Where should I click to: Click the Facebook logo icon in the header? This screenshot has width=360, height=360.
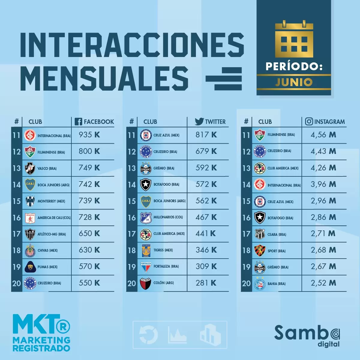[x=78, y=121]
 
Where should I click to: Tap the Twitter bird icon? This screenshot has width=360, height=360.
[x=199, y=121]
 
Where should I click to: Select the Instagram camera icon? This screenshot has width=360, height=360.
[x=309, y=121]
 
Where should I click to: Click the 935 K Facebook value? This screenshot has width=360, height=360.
[x=89, y=135]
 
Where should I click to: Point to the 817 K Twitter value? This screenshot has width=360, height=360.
[x=206, y=135]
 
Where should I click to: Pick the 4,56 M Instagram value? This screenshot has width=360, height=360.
[x=323, y=135]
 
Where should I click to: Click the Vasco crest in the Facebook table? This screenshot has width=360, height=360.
[x=30, y=168]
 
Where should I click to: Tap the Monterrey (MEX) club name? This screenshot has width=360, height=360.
[x=51, y=201]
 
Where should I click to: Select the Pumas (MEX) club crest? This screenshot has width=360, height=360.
[x=30, y=267]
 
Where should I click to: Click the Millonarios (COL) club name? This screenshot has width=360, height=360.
[x=168, y=217]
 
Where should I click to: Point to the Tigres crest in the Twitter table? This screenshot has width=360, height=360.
[x=146, y=250]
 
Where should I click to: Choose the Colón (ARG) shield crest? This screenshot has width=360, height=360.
[x=146, y=283]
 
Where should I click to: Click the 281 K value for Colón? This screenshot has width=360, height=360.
[x=206, y=283]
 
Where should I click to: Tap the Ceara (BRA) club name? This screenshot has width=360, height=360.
[x=277, y=235]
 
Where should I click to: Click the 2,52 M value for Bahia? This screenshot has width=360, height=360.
[x=323, y=283]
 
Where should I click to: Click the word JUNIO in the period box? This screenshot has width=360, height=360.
[x=294, y=82]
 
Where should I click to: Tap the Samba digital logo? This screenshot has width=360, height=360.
[x=307, y=335]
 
